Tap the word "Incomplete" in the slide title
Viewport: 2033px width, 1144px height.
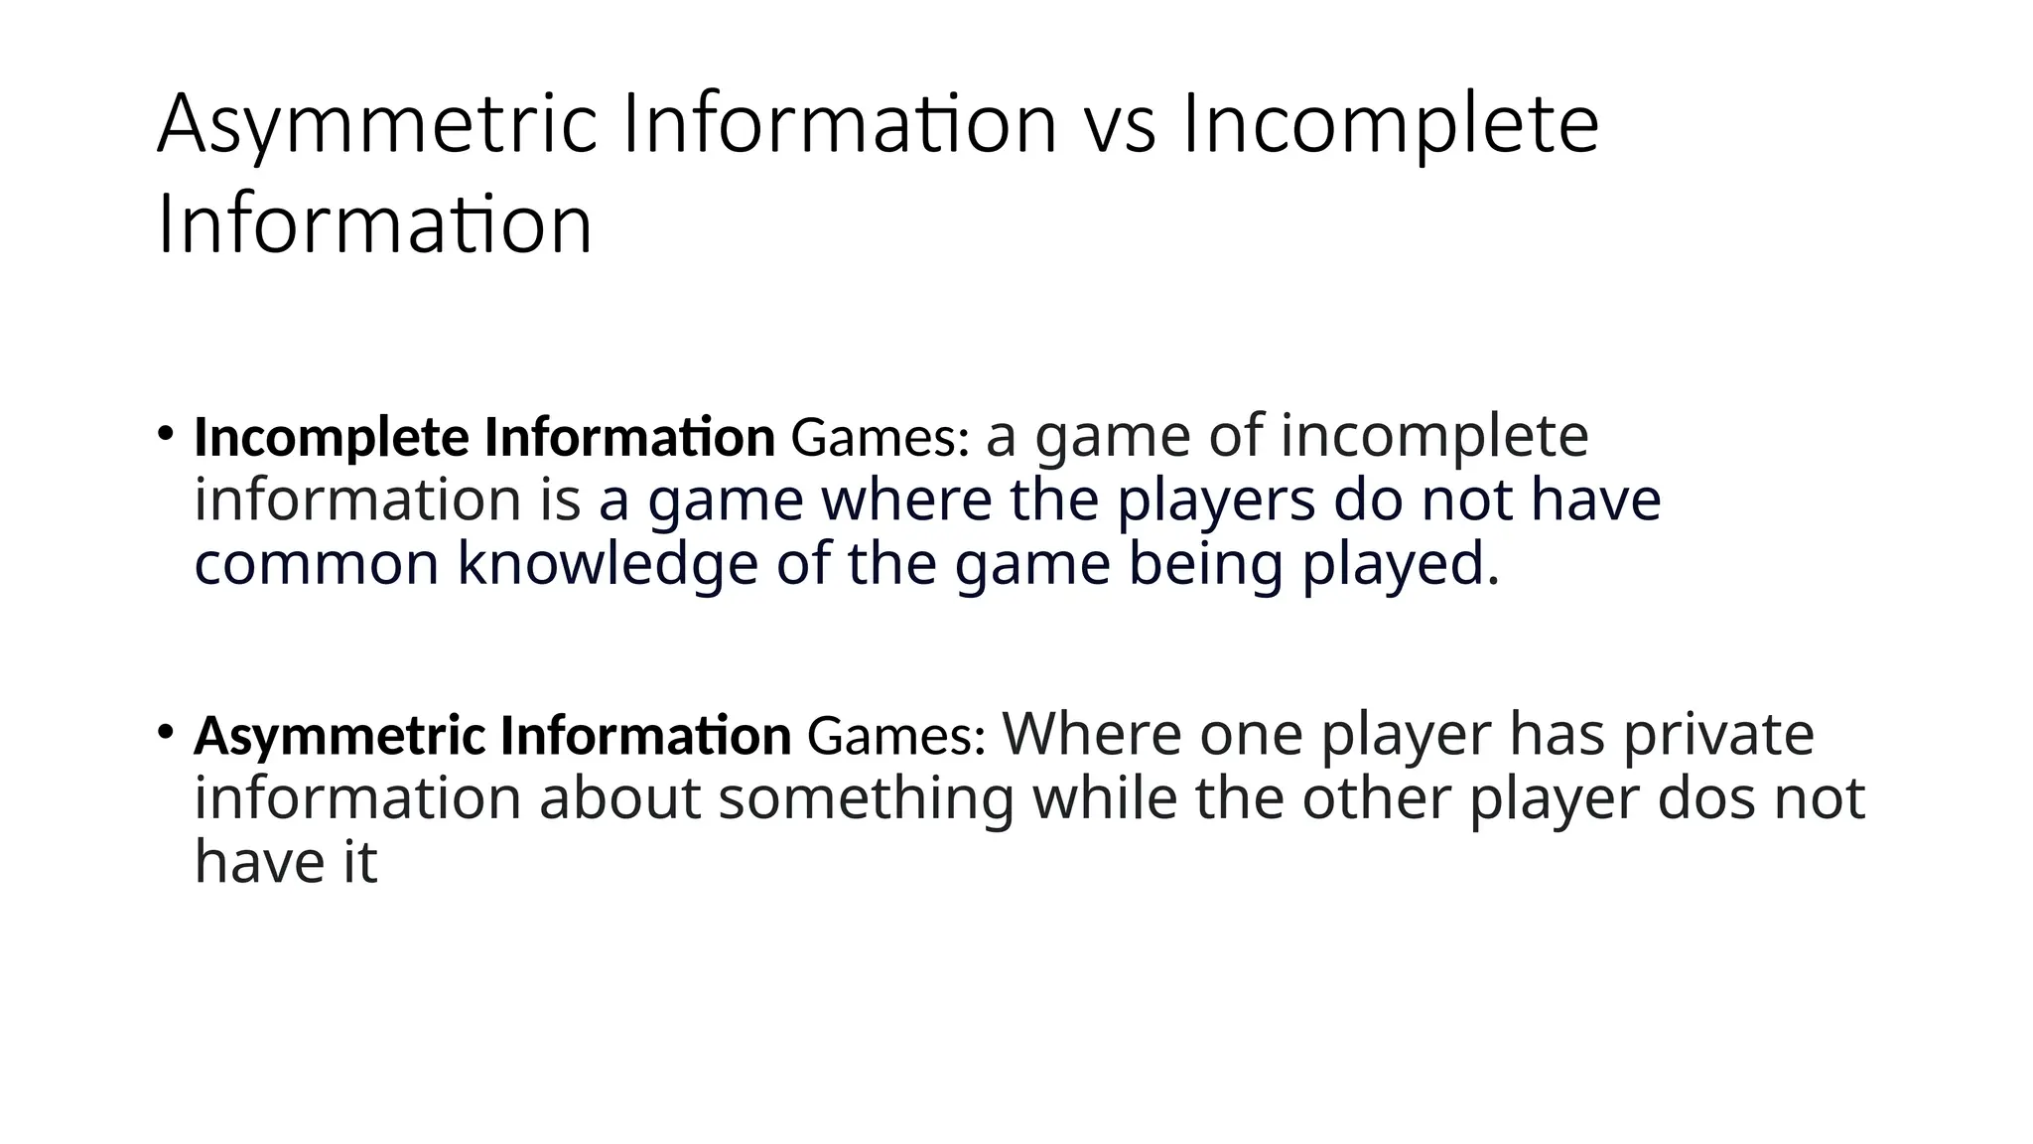click(x=1390, y=126)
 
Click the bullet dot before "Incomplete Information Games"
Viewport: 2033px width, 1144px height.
click(x=166, y=434)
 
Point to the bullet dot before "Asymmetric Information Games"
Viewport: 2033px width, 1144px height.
click(x=166, y=733)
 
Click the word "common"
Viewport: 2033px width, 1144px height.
click(x=316, y=565)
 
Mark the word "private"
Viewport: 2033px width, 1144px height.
click(x=1718, y=735)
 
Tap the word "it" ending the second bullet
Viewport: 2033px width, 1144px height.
click(x=360, y=861)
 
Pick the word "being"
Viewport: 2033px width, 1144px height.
click(x=1205, y=565)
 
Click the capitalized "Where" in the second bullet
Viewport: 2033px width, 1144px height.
click(x=1092, y=735)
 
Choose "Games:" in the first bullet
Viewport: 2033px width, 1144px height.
click(x=880, y=438)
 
